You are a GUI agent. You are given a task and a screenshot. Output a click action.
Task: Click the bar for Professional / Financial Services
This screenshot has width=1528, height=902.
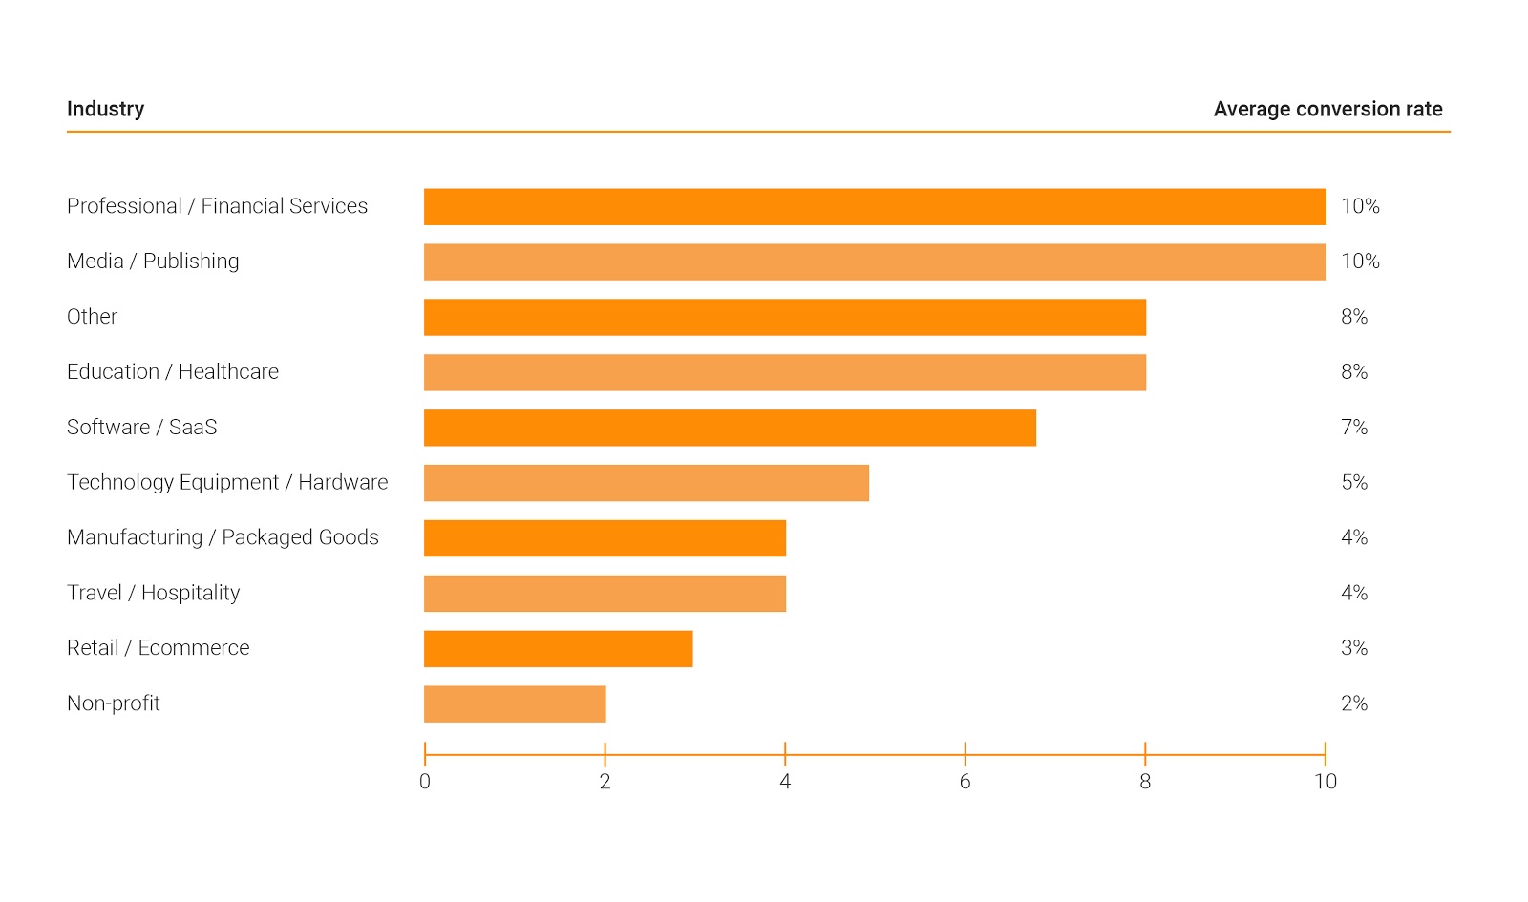[875, 207]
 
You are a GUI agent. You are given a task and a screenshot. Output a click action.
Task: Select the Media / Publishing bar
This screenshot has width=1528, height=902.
[875, 262]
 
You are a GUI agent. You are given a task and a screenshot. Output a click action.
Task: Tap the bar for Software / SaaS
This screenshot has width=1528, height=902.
[730, 428]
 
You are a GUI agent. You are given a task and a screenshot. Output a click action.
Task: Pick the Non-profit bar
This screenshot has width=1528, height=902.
[515, 704]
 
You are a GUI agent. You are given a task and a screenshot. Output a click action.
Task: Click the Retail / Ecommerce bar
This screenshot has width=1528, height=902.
[558, 649]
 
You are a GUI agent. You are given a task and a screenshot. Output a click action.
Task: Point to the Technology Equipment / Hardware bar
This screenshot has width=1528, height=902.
[647, 483]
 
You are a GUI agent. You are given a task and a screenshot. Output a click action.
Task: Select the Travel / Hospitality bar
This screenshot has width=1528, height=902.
[605, 594]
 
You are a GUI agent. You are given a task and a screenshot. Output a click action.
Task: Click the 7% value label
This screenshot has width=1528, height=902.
[1354, 428]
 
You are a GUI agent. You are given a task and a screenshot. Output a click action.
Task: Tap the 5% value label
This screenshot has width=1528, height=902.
[1354, 483]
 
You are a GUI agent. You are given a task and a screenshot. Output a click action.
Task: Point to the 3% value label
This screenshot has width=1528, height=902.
[1354, 649]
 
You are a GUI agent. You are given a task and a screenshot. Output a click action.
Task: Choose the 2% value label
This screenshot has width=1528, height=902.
[1354, 704]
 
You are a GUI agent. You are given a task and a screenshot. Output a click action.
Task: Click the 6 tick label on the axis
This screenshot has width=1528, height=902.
[965, 782]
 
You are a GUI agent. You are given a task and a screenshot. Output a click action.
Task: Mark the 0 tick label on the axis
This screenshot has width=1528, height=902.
[425, 782]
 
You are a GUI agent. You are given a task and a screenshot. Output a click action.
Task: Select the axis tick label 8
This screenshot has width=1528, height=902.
[1145, 782]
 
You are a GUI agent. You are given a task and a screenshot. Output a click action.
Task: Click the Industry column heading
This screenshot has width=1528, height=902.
[105, 109]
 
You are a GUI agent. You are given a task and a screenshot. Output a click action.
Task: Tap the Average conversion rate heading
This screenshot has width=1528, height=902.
[1327, 109]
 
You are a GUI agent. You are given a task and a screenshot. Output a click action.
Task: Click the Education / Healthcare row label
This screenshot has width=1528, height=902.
[173, 372]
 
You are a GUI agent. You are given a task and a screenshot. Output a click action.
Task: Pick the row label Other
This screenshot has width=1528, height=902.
[92, 317]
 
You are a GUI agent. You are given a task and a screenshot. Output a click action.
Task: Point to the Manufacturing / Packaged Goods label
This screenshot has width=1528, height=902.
[223, 538]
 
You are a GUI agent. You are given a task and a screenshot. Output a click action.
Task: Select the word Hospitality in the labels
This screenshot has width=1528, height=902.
[190, 594]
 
